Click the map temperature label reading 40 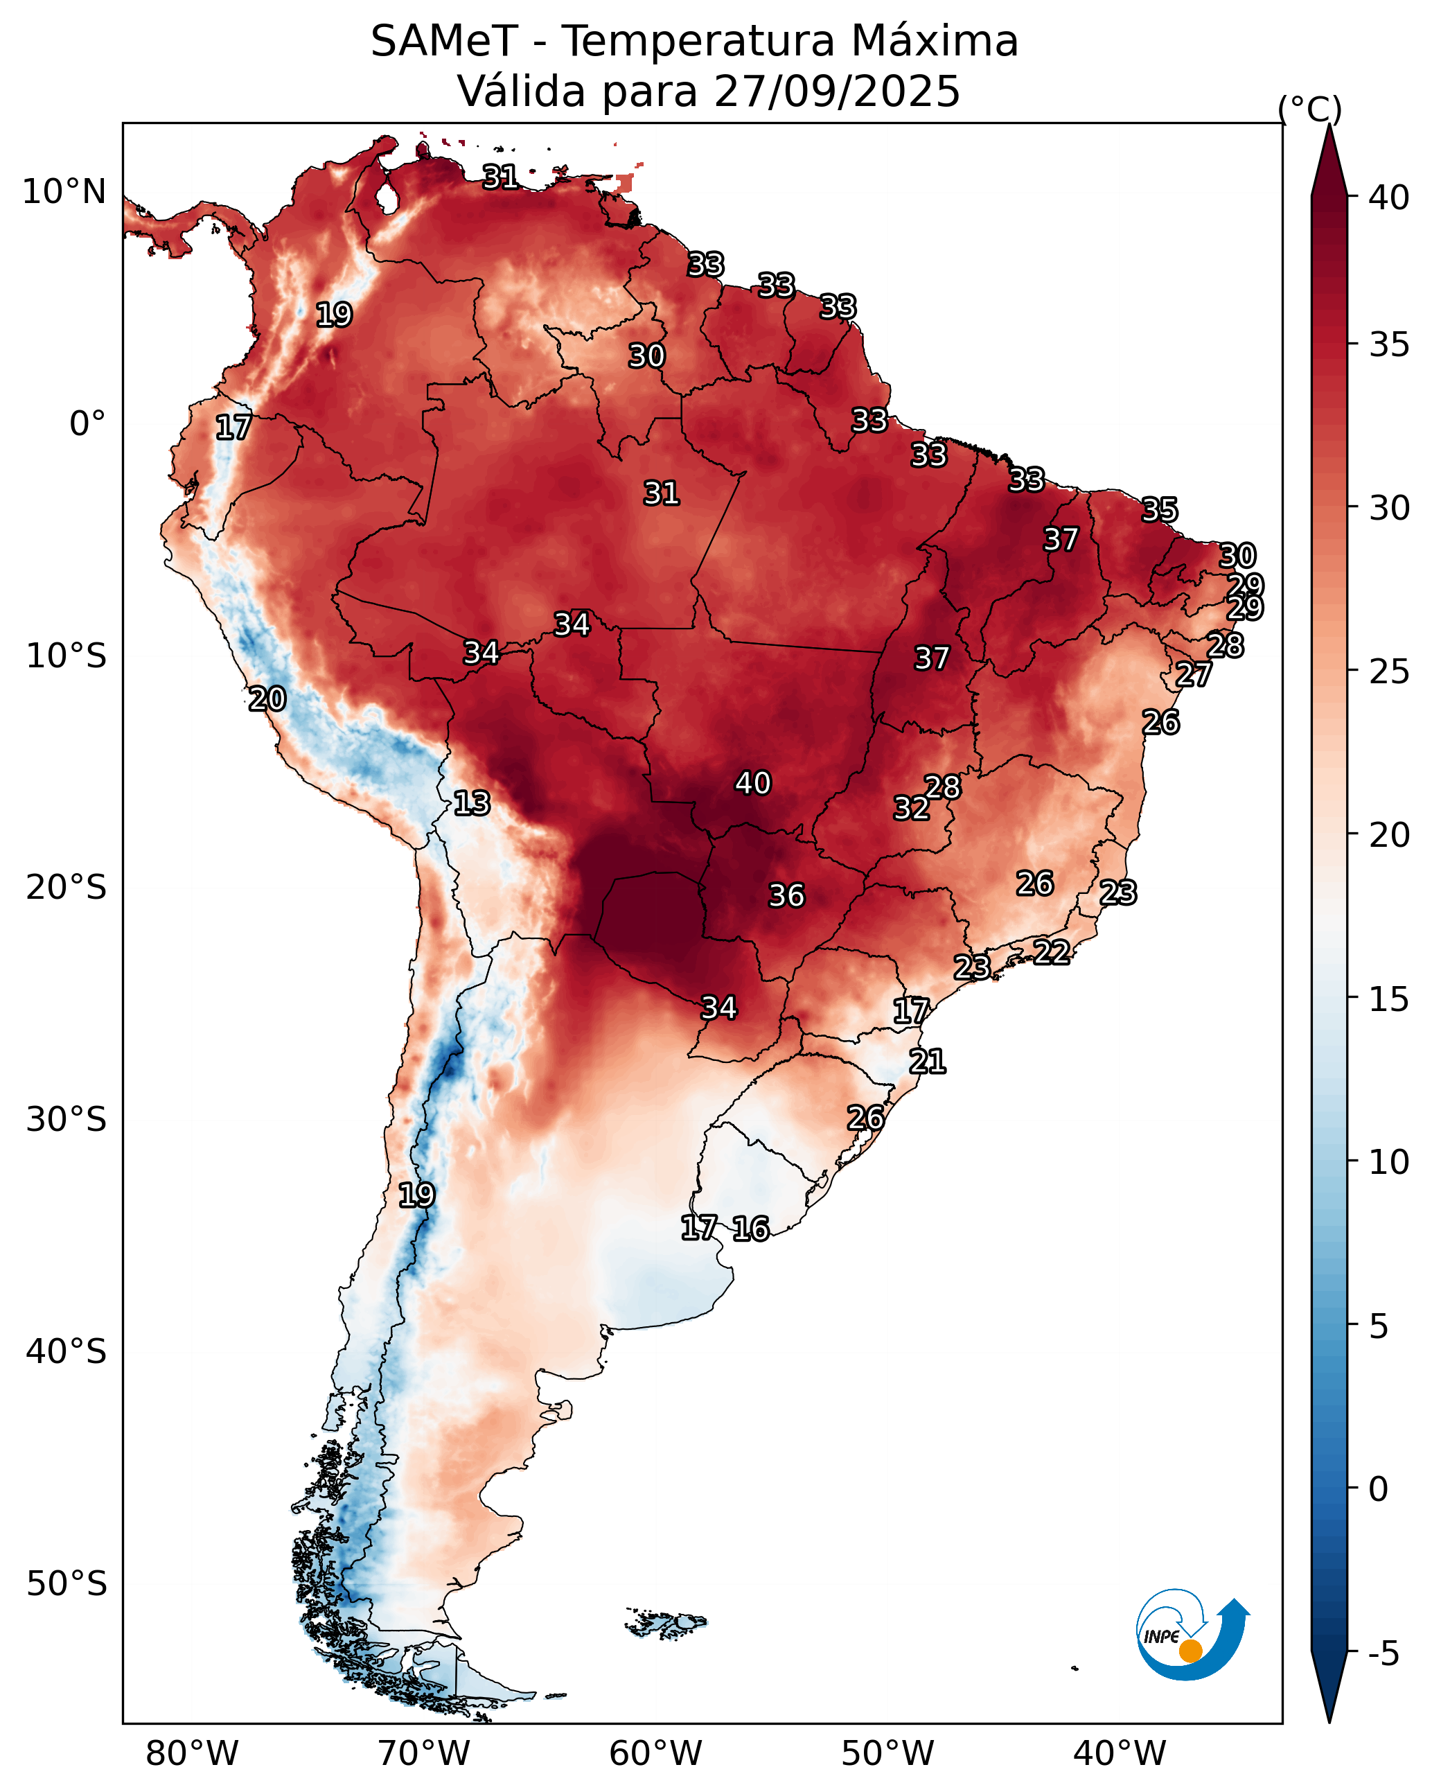752,783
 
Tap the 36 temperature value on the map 786,895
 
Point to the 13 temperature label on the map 471,803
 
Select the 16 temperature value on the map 750,1229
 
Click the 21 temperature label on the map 927,1062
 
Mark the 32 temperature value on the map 911,808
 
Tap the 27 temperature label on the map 1193,674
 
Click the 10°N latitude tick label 64,192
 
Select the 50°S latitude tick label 67,1583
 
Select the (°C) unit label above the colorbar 1309,109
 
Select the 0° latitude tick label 87,424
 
